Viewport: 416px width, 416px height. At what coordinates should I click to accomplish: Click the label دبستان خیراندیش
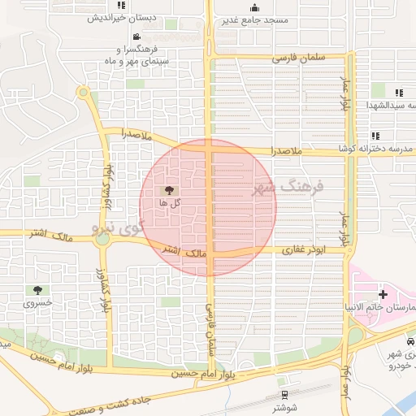tap(121, 17)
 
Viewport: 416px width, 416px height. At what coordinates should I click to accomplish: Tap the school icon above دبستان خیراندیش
tap(121, 6)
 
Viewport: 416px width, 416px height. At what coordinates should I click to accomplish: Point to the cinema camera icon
tap(136, 37)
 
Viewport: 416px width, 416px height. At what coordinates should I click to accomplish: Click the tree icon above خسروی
tap(37, 289)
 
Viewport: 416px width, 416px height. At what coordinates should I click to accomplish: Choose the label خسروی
tap(37, 301)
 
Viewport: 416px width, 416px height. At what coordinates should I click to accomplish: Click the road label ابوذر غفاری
tap(303, 251)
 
